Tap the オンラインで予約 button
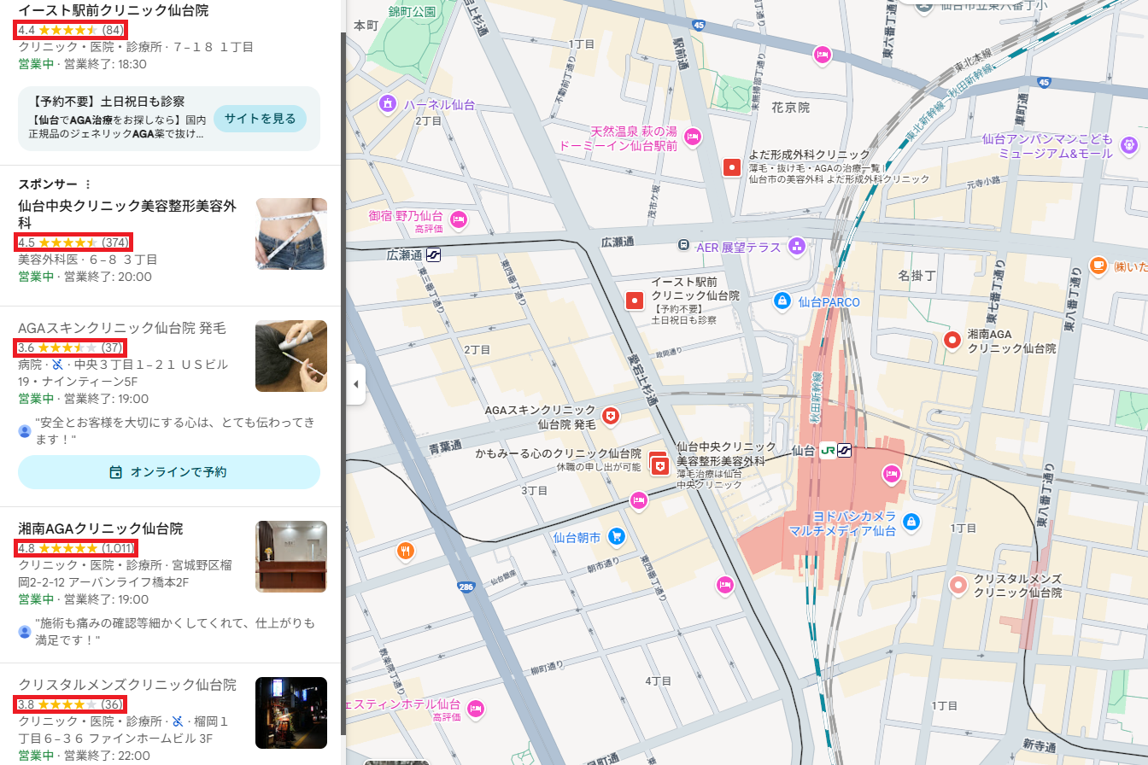[169, 472]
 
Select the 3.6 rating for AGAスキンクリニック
[71, 347]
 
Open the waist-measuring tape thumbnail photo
[290, 234]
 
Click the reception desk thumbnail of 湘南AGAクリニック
[290, 557]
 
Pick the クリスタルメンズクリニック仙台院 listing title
[127, 685]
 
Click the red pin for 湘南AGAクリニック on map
[952, 341]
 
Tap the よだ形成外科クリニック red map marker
[732, 167]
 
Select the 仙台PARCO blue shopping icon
[781, 301]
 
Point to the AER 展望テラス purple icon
[797, 247]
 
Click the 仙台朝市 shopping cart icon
[616, 537]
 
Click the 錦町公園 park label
[411, 12]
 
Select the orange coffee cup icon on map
[1098, 266]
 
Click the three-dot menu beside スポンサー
[87, 184]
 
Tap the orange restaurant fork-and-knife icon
[406, 551]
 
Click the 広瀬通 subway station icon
[433, 254]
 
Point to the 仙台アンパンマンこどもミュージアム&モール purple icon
[1129, 143]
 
